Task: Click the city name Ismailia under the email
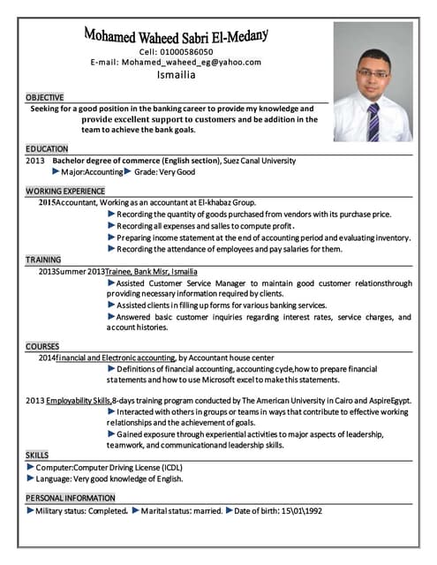(x=176, y=76)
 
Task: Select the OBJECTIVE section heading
(x=45, y=96)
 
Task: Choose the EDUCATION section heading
(x=47, y=149)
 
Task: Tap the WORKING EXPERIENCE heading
(x=65, y=191)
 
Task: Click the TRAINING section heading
(x=43, y=260)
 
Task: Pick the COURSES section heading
(x=42, y=346)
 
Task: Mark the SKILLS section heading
(x=37, y=454)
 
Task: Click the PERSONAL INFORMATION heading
(x=71, y=498)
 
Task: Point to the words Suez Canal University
(x=259, y=161)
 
